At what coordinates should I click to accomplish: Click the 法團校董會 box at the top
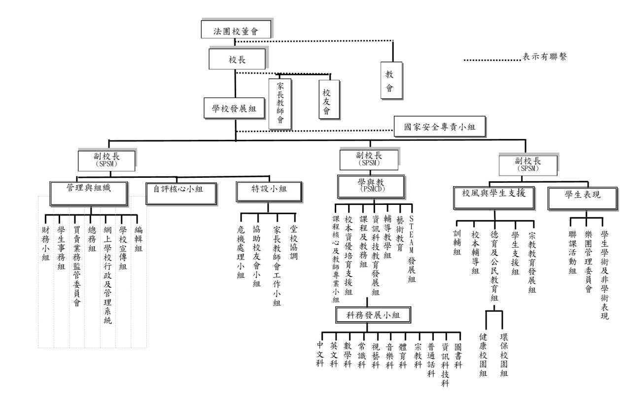pos(237,31)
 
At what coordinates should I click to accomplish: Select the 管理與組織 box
pos(89,190)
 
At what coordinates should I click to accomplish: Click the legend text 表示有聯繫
pos(544,57)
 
